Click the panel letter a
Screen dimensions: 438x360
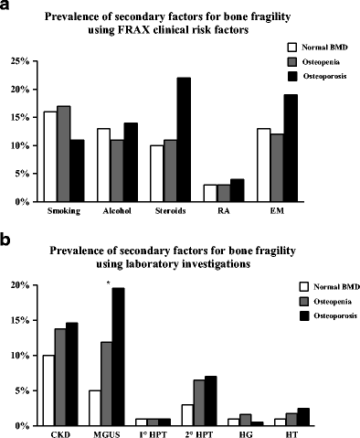(x=5, y=6)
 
